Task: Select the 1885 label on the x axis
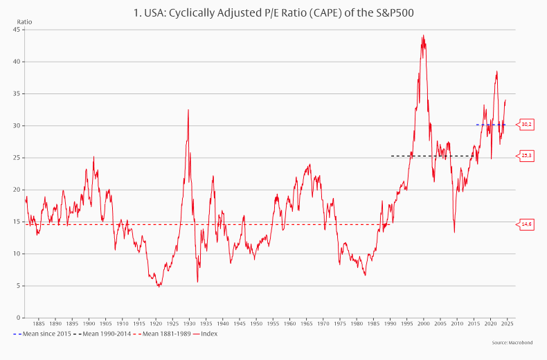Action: (x=38, y=323)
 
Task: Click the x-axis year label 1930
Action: (x=189, y=323)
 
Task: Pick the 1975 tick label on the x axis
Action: (x=339, y=323)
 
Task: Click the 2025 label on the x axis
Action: (x=507, y=323)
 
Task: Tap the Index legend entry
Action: (x=208, y=334)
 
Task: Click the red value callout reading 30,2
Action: (x=526, y=125)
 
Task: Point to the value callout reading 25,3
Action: (x=526, y=156)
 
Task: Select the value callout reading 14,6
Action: (x=526, y=224)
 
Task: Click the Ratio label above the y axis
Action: (x=24, y=21)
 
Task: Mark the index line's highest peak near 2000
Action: (x=423, y=36)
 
